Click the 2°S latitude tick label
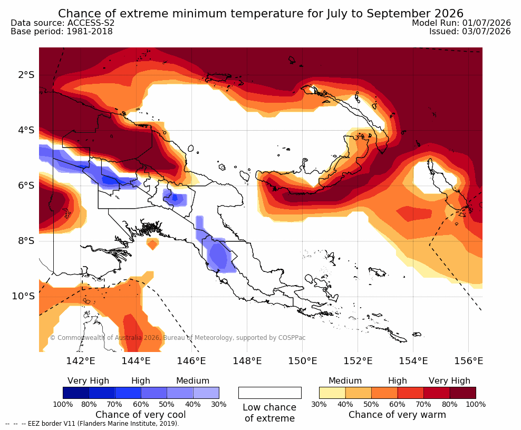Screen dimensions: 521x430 point(26,75)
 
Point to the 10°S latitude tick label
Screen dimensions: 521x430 point(23,296)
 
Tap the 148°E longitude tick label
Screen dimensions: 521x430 point(247,360)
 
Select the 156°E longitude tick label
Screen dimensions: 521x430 point(468,360)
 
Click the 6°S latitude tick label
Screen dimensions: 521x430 point(26,185)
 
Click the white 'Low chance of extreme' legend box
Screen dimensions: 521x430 point(270,393)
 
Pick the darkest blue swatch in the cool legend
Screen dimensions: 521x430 point(76,393)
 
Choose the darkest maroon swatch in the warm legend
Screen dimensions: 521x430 point(463,393)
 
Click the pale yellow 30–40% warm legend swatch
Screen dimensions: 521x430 point(332,393)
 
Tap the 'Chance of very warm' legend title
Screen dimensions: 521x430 point(397,415)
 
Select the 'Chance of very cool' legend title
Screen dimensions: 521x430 point(141,415)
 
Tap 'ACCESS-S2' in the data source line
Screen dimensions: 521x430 point(91,23)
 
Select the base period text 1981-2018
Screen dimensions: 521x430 point(90,31)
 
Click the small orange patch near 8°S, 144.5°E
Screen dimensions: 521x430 point(152,244)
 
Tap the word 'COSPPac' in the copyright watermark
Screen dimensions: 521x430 point(292,338)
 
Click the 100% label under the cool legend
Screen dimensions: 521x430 point(63,404)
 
